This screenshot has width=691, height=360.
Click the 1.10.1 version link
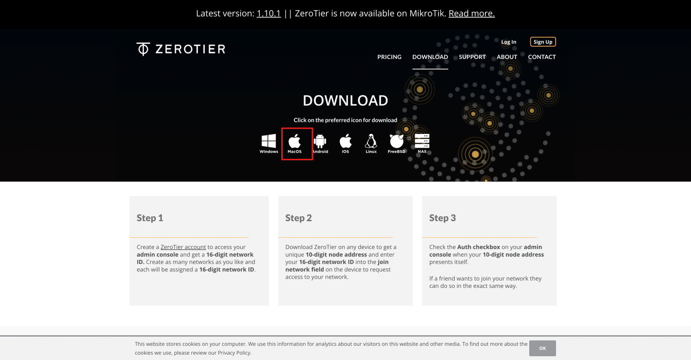[x=269, y=13]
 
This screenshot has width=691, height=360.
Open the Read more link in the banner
[x=471, y=13]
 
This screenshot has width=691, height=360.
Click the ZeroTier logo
[x=181, y=49]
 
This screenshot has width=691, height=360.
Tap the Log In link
[x=508, y=42]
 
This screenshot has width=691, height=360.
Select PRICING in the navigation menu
[x=389, y=57]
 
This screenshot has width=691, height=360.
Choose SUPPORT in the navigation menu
[x=472, y=57]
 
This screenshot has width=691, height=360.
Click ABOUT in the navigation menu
[x=506, y=57]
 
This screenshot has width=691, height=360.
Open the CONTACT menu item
[x=542, y=57]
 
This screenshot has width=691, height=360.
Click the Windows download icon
[x=269, y=141]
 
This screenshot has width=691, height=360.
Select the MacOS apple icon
[x=295, y=141]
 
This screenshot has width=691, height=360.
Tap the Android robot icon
[x=320, y=141]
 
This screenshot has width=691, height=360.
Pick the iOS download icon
[x=345, y=141]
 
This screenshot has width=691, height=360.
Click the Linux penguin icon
[x=371, y=141]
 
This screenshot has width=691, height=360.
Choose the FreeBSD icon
[x=396, y=141]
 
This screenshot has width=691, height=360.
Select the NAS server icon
[x=422, y=141]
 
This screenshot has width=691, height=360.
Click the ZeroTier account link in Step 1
[x=183, y=247]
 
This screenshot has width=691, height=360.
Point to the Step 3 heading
[x=442, y=218]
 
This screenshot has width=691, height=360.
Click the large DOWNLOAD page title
[x=345, y=100]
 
